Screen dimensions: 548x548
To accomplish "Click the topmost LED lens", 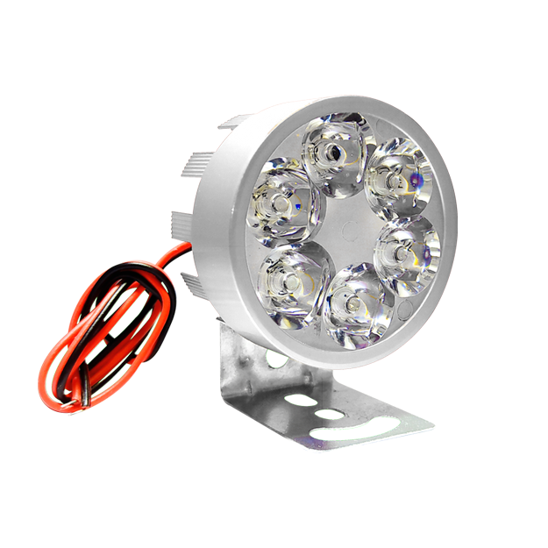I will pos(334,158).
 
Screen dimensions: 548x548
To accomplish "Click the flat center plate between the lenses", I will pos(346,231).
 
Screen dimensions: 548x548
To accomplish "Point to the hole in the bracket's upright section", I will pos(275,359).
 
